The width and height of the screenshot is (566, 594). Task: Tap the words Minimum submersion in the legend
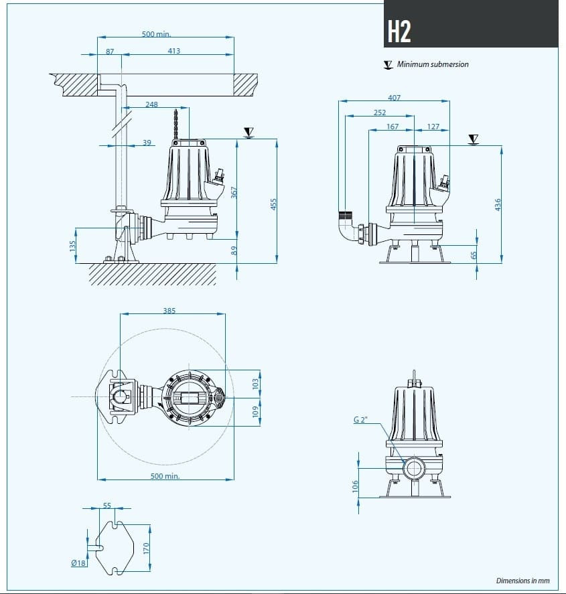[x=433, y=64]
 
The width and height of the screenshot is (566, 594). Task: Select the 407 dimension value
[x=394, y=98]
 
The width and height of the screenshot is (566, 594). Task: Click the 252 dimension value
[x=379, y=113]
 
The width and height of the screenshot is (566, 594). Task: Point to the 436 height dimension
[x=497, y=204]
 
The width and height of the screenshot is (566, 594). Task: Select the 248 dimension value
[x=151, y=104]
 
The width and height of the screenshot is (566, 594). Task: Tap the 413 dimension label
[x=173, y=51]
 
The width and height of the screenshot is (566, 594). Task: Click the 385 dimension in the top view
[x=169, y=311]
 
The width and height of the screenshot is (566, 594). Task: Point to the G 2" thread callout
[x=361, y=420]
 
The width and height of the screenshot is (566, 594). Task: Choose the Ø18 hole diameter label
[x=78, y=563]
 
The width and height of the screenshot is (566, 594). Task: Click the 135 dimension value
[x=72, y=246]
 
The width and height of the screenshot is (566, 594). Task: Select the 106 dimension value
[x=355, y=485]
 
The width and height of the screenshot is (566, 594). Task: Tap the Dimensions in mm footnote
[x=522, y=581]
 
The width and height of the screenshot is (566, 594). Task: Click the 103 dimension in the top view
[x=255, y=384]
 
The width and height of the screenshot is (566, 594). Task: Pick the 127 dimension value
[x=433, y=127]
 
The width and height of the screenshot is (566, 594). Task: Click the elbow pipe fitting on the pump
[x=348, y=229]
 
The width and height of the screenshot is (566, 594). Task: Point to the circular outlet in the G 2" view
[x=413, y=467]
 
